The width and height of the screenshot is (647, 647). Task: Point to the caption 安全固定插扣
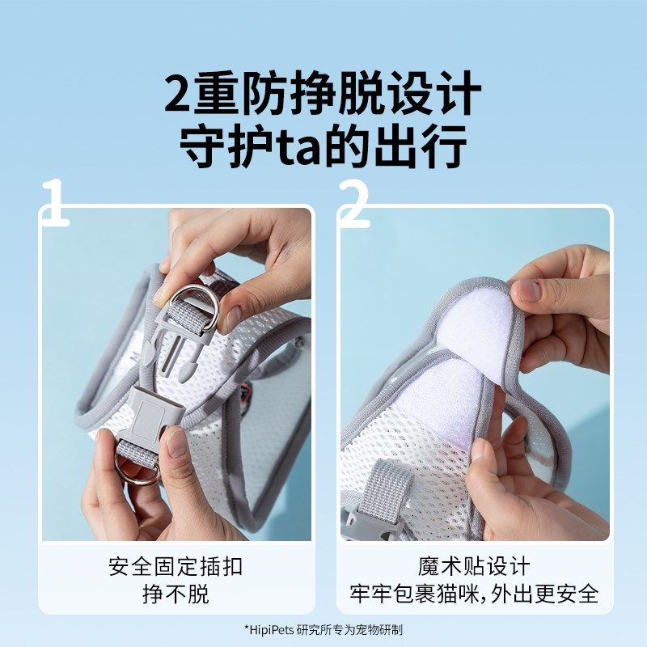tap(175, 565)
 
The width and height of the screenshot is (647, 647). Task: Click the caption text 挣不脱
tap(175, 594)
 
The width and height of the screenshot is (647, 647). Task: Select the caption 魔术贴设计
tap(475, 565)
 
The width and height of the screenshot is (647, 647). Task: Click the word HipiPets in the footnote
tap(272, 629)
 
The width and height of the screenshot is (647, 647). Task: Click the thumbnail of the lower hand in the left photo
tap(175, 442)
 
